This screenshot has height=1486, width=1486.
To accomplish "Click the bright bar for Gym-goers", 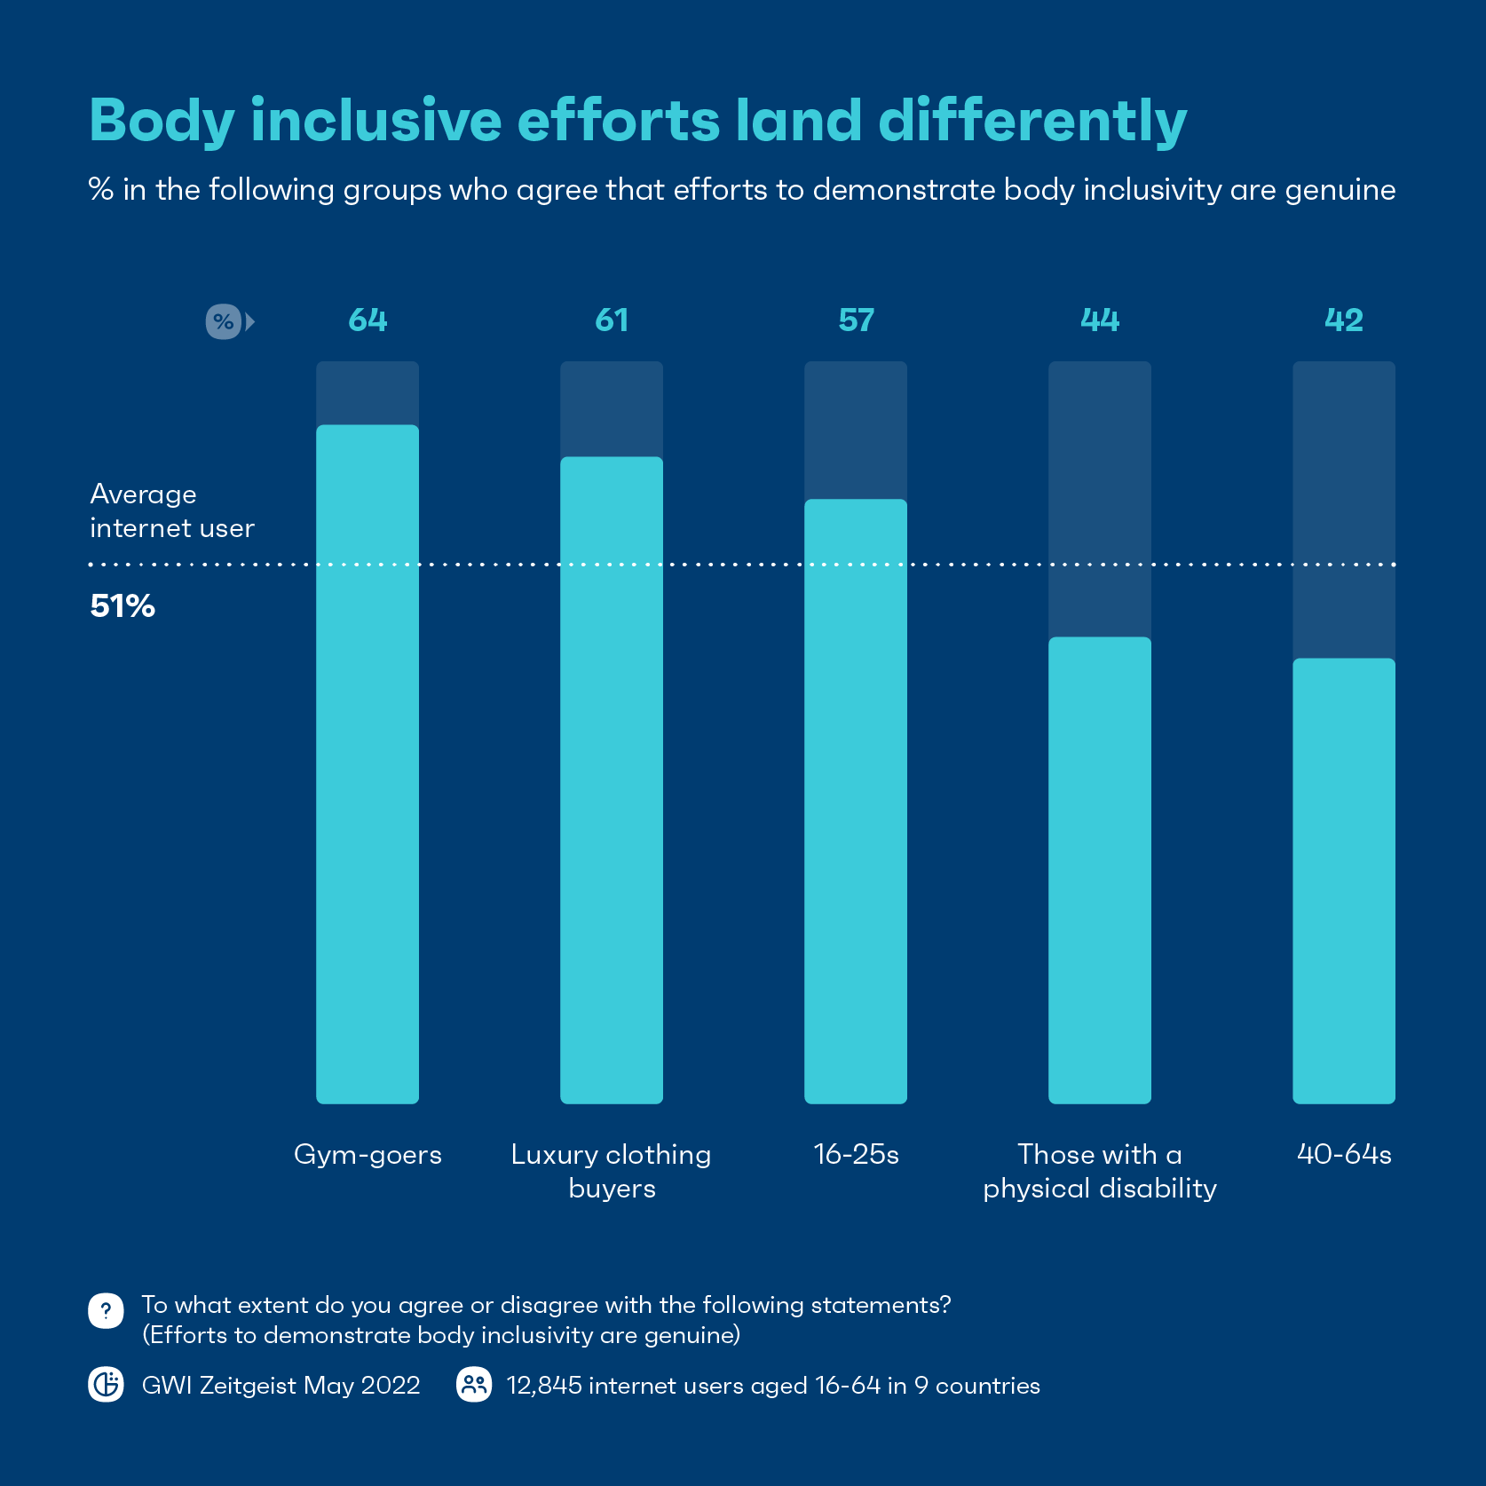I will (x=368, y=763).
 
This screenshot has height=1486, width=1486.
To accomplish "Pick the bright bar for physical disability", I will (x=1100, y=870).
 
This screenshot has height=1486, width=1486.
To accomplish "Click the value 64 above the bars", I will (x=368, y=320).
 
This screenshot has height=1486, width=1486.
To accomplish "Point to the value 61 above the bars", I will (x=612, y=320).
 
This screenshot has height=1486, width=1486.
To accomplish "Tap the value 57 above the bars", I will (x=856, y=320).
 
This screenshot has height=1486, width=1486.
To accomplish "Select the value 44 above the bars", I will (x=1100, y=320).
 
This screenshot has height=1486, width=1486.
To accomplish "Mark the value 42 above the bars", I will (x=1344, y=320).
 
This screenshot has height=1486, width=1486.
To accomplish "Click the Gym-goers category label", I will (x=368, y=1154).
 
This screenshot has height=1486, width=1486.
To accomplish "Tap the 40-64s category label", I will (x=1344, y=1154).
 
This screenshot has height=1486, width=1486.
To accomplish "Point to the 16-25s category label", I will (x=856, y=1154).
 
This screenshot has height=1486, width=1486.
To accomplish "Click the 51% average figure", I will (x=123, y=606).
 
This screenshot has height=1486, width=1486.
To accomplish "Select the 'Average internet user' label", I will (x=171, y=510).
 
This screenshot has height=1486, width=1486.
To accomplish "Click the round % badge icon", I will (x=223, y=321).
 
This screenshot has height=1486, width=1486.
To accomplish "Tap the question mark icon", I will (x=106, y=1310).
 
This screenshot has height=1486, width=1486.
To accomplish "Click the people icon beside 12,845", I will (x=474, y=1384).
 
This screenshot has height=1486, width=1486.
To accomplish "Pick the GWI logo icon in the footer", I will (x=106, y=1384).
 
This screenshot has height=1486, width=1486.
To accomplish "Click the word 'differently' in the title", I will (x=1032, y=121).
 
